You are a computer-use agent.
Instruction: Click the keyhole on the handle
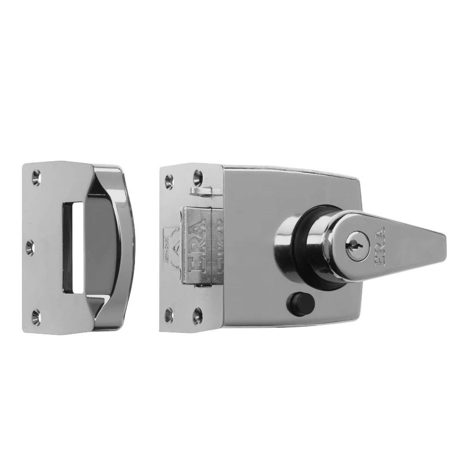[x=352, y=243]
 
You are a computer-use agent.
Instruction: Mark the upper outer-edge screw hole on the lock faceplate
[x=169, y=178]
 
